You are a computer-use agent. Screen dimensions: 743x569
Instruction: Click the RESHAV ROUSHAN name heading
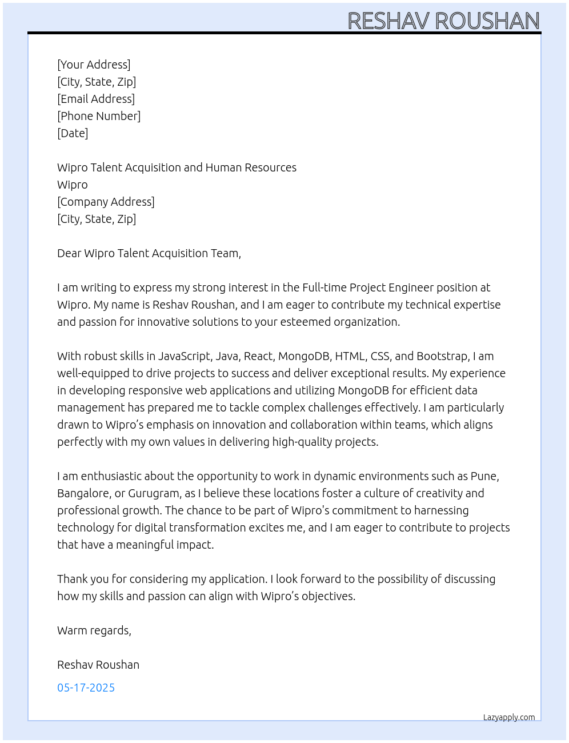coord(443,21)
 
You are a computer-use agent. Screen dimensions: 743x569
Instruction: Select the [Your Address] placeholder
coord(94,65)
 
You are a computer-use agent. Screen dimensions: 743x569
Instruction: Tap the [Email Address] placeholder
coord(96,99)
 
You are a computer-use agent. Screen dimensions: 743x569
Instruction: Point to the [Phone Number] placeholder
coord(99,116)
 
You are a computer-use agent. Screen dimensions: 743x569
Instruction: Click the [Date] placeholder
coord(73,133)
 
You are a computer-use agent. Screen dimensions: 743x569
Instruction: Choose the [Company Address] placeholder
coord(106,202)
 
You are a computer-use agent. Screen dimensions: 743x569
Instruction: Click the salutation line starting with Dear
coord(149,253)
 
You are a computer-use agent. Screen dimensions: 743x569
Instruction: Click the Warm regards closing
coord(94,630)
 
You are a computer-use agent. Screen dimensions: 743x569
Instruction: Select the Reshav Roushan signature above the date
coord(98,665)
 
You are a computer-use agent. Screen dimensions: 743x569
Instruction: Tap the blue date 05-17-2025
coord(86,688)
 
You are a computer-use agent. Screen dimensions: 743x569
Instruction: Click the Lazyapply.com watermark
coord(509,717)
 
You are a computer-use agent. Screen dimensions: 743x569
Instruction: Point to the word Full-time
coord(324,287)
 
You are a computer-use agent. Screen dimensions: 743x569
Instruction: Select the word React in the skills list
coord(259,356)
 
